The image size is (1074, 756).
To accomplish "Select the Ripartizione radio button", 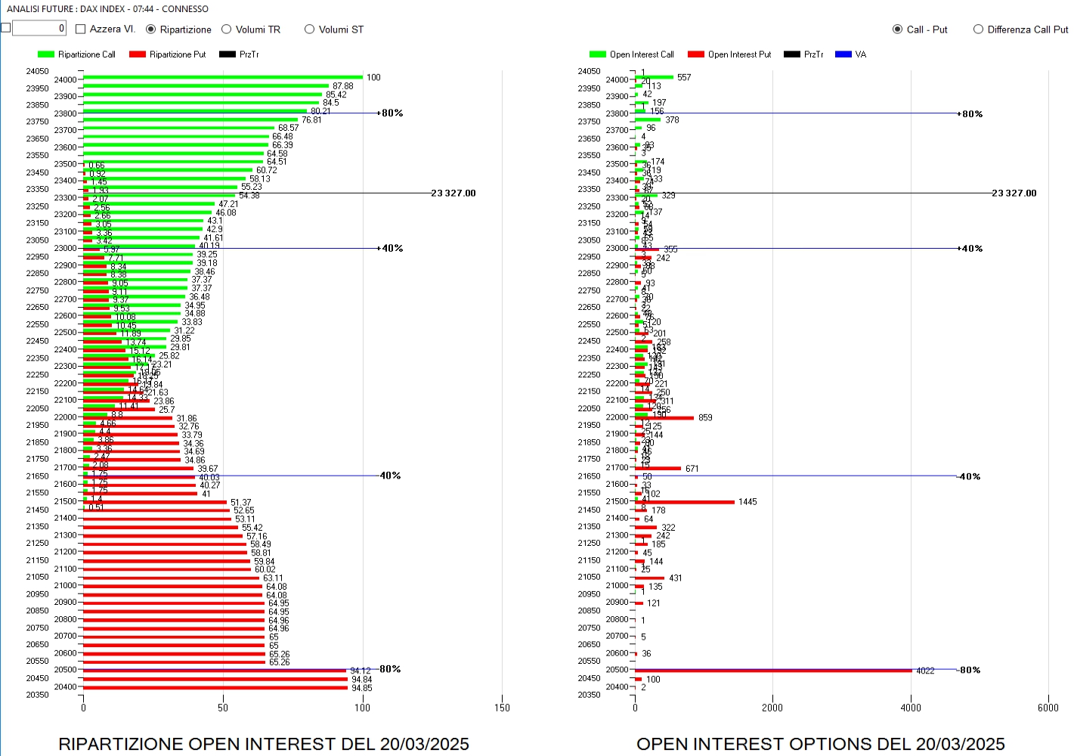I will point(151,29).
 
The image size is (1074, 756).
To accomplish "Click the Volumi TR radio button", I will point(226,29).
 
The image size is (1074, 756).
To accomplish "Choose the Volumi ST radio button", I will point(309,29).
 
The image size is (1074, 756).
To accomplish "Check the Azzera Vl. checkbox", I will point(81,29).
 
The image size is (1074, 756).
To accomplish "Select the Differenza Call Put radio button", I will point(978,29).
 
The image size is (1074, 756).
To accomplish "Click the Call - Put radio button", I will point(897,29).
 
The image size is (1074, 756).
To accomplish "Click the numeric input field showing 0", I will point(39,29).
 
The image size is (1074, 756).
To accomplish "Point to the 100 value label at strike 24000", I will point(373,78).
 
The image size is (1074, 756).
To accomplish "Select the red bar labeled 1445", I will point(685,502).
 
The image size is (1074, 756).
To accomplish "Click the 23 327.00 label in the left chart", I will point(453,194).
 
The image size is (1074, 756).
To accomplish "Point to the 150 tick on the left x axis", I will point(502,708).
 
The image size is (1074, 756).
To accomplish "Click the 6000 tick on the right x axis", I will point(1048,708).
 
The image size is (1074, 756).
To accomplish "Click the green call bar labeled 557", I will point(655,77).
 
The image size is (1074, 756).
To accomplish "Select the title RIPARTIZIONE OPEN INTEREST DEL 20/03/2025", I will point(264,744).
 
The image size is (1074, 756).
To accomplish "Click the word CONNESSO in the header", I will point(185,9).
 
